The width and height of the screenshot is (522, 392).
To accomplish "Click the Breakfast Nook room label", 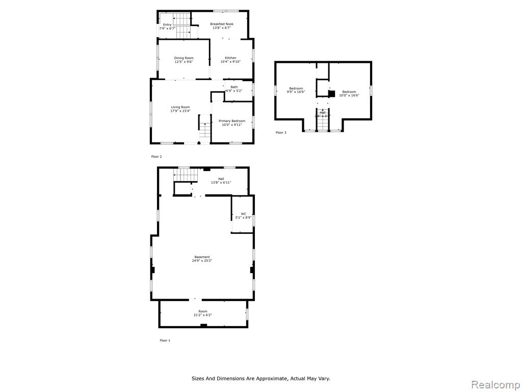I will pyautogui.click(x=222, y=24).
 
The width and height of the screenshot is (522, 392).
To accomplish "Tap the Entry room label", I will pyautogui.click(x=167, y=24).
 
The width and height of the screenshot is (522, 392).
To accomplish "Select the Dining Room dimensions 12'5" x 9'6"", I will pyautogui.click(x=184, y=62).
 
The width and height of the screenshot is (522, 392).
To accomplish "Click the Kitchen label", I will pyautogui.click(x=230, y=58).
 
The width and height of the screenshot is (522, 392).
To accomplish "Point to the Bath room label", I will pyautogui.click(x=234, y=87).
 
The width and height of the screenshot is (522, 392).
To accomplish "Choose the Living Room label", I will pyautogui.click(x=180, y=107).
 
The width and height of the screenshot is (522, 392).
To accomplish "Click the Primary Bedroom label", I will pyautogui.click(x=232, y=121).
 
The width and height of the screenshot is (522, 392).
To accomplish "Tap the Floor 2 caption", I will pyautogui.click(x=156, y=156).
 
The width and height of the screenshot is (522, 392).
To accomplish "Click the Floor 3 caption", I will pyautogui.click(x=281, y=133).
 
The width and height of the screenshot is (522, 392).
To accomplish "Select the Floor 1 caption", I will pyautogui.click(x=165, y=340).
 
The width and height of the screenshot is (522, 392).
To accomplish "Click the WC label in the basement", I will pyautogui.click(x=244, y=214).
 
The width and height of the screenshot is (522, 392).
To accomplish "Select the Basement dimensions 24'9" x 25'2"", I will pyautogui.click(x=202, y=261).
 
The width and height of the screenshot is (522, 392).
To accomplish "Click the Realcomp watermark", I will pyautogui.click(x=495, y=383).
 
